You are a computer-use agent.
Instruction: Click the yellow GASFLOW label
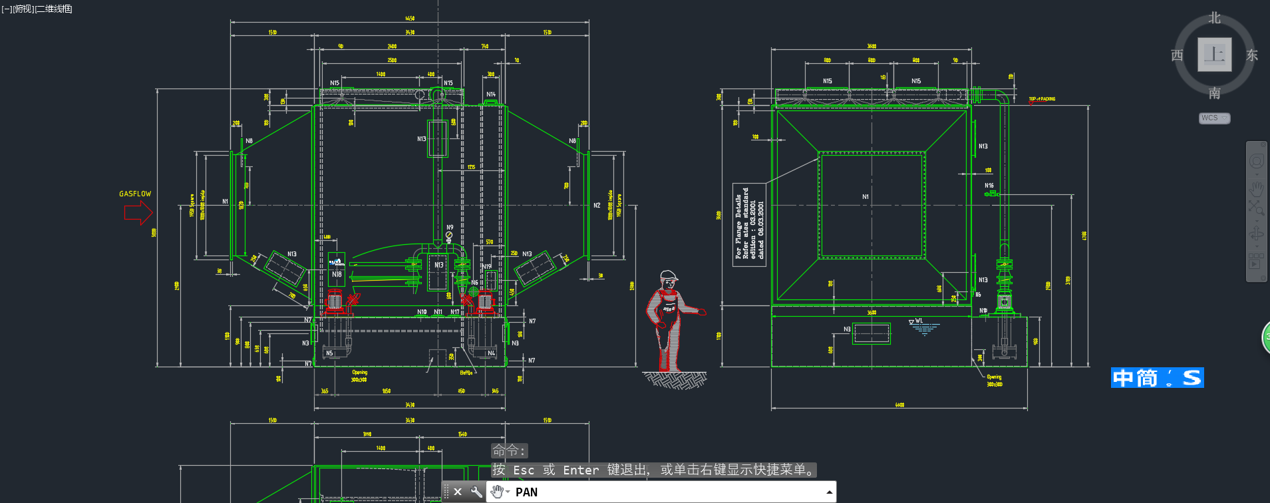135,194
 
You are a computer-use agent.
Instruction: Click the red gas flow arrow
138,213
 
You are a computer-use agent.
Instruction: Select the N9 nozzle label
450,228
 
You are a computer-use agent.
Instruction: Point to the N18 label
337,274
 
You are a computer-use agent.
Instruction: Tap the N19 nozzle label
487,267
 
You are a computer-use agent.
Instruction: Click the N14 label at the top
491,94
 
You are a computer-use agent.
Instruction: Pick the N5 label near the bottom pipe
329,353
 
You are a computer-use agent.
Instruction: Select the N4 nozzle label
491,353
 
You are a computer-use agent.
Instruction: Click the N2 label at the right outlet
597,206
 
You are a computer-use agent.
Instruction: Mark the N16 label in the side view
989,186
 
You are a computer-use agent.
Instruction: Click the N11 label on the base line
438,311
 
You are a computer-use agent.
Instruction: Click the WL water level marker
918,321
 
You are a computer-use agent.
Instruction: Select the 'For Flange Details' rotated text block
749,225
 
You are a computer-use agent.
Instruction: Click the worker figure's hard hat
669,275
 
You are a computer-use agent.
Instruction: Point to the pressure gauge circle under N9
449,235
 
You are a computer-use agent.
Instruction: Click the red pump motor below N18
334,303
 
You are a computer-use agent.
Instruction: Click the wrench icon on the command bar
476,492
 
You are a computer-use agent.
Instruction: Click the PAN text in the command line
526,492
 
